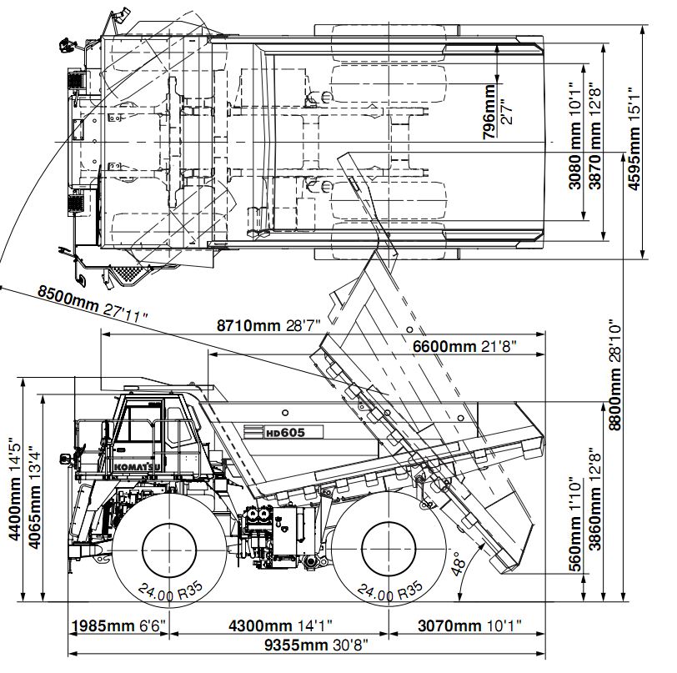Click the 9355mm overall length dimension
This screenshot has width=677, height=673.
[317, 644]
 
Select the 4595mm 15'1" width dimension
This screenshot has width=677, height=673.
[634, 138]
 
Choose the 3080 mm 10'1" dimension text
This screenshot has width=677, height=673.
[576, 138]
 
